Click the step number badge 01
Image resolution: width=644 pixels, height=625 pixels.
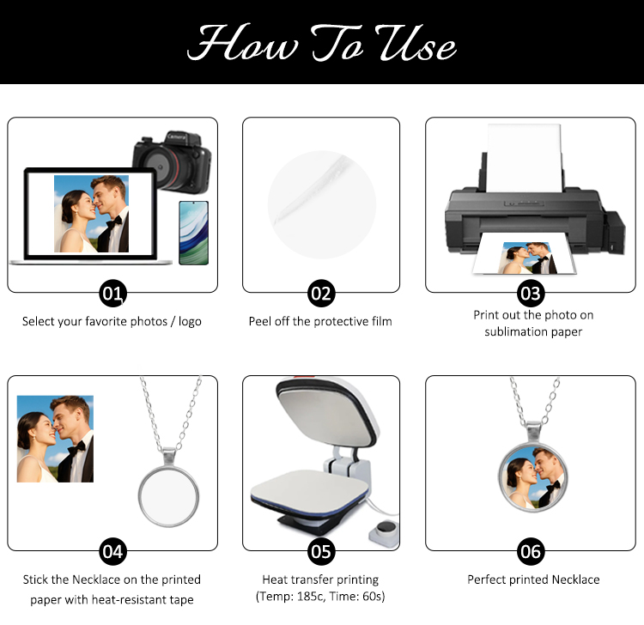click(112, 294)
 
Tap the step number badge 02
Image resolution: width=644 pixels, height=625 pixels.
click(321, 294)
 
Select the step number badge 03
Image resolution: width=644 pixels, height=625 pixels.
click(531, 294)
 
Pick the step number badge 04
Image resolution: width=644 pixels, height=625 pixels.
click(112, 551)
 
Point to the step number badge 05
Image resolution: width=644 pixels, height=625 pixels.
click(321, 551)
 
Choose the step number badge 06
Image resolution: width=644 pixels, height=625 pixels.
click(531, 551)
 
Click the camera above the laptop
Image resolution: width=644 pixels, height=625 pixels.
click(172, 162)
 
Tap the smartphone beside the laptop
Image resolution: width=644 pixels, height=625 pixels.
click(193, 233)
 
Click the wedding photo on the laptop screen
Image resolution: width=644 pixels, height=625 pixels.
click(91, 214)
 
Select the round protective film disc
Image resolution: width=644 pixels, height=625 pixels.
click(322, 204)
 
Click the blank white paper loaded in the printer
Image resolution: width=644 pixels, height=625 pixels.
click(524, 158)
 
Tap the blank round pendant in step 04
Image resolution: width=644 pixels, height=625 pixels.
click(168, 496)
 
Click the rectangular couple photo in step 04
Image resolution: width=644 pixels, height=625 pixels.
click(55, 439)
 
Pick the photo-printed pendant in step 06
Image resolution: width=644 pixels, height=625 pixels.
click(533, 477)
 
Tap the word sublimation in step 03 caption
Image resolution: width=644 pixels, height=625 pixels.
click(515, 331)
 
